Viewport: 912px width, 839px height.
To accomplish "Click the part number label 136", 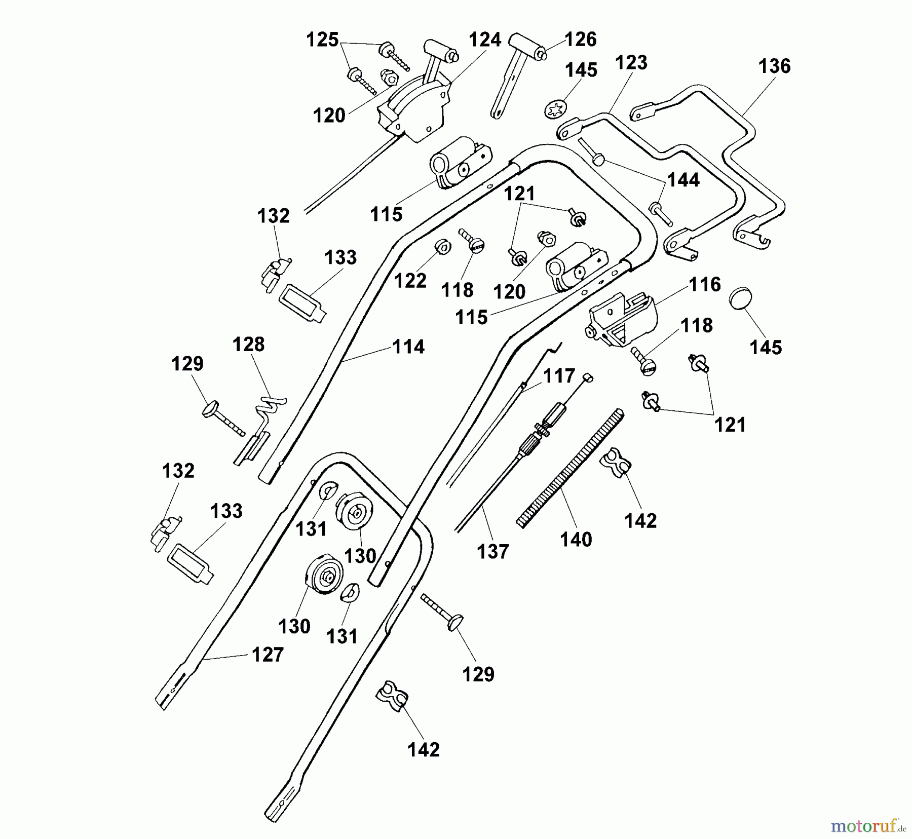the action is coord(774,66).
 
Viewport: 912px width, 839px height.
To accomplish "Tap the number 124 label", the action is coord(485,40).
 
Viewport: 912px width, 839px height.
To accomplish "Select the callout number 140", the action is coord(576,540).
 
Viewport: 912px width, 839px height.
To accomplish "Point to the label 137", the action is coord(493,551).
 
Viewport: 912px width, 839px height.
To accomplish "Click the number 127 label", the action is coord(268,655).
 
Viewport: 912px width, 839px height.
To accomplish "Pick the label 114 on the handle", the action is coord(408,347).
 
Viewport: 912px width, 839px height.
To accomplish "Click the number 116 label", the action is coord(705,285).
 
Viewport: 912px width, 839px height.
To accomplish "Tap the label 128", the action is coord(248,345).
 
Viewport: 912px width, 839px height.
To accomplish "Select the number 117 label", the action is coord(559,376).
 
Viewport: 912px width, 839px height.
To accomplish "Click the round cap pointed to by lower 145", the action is coord(740,298).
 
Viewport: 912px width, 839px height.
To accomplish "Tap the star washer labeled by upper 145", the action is coord(555,108).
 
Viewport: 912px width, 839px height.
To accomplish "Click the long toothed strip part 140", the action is coord(570,469).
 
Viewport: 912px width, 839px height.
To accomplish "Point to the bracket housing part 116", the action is coord(622,319).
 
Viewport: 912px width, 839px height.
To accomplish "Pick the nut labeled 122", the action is coord(444,247).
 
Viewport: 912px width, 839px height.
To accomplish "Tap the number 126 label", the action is coord(581,40).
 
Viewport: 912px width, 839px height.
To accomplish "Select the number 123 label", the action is coord(631,63).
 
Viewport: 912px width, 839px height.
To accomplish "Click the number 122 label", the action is coord(410,281).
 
